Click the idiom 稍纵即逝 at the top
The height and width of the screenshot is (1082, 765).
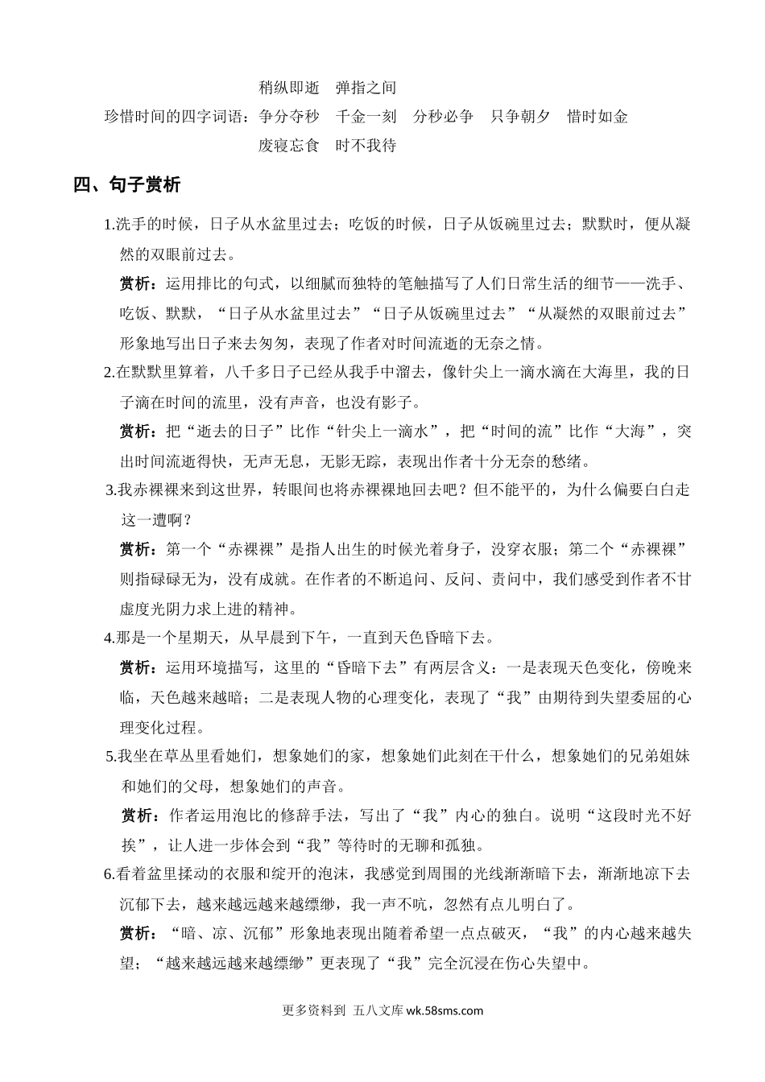pos(288,88)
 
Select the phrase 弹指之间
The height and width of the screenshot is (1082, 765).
pos(366,88)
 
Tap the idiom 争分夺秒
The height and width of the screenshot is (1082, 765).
pos(288,117)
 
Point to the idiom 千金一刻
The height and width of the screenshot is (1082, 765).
pos(366,117)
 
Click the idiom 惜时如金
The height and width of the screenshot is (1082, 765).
pos(598,117)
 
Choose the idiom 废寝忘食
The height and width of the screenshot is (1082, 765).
pos(288,146)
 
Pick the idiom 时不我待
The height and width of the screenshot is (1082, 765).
pos(366,146)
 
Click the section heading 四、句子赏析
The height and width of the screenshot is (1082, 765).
pos(127,186)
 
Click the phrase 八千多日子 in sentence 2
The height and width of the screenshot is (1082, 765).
pos(255,373)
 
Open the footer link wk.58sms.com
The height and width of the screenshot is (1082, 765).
pos(445,1012)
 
